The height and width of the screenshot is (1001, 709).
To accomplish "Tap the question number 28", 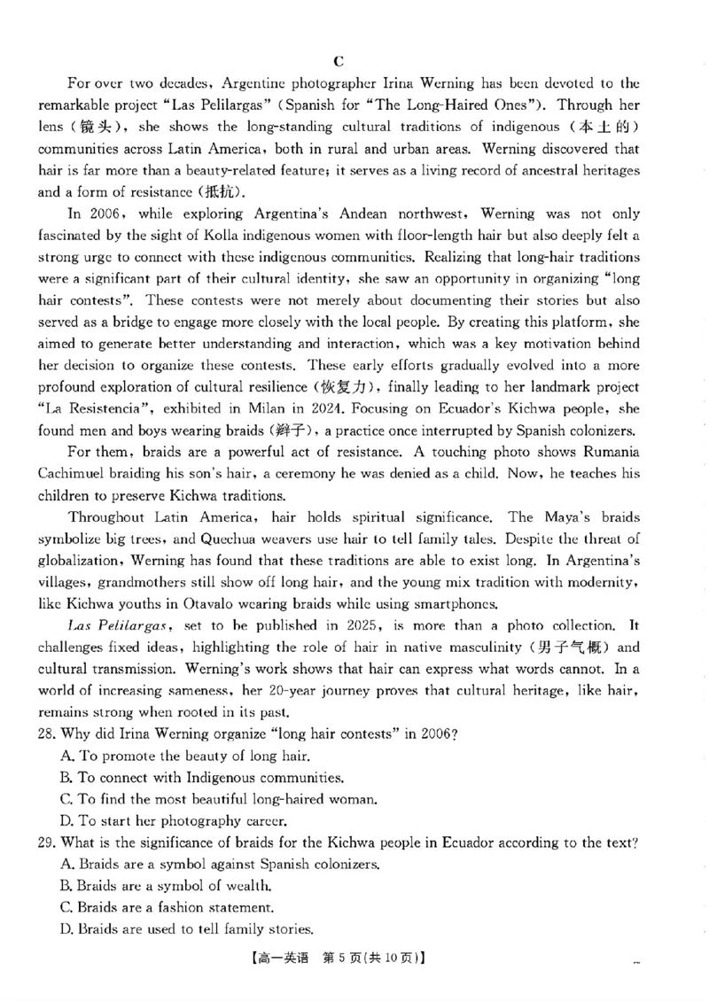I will click(46, 733).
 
